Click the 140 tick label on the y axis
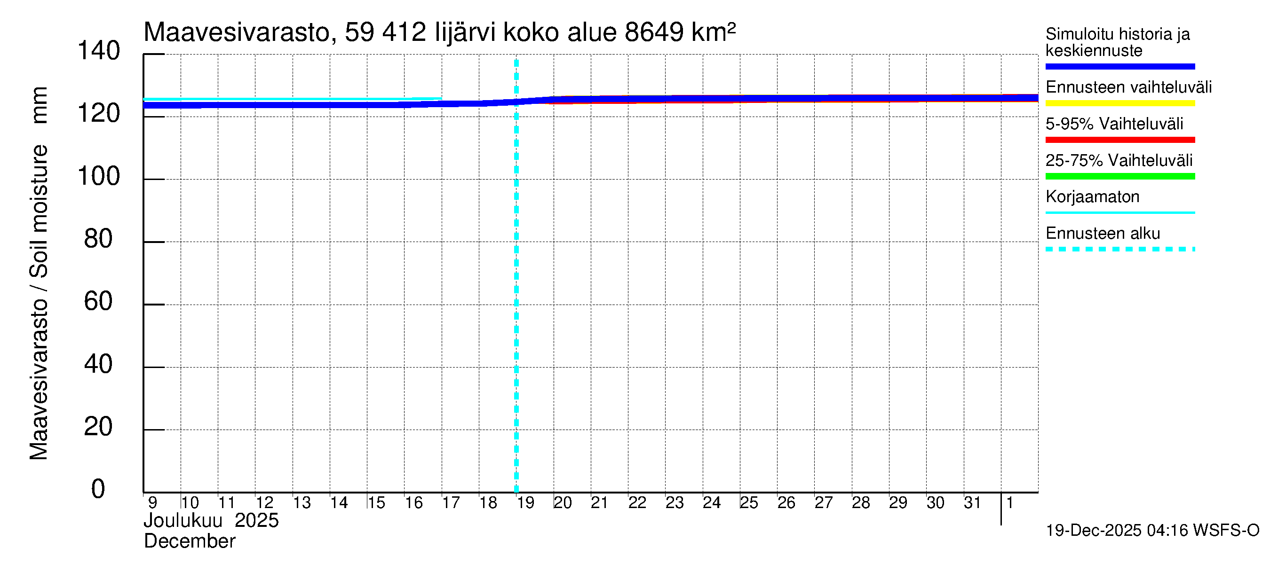(99, 51)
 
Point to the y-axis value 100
(99, 176)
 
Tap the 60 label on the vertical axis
(99, 301)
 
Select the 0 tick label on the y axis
(98, 489)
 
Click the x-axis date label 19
(525, 503)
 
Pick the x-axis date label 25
(748, 503)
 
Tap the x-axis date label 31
(972, 503)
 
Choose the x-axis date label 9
(152, 503)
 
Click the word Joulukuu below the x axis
(183, 521)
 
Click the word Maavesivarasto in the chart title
(237, 32)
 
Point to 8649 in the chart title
(654, 32)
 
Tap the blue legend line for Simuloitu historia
(1119, 66)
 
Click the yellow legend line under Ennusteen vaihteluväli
(1119, 103)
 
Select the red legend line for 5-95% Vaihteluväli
(1119, 140)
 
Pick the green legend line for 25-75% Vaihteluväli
(1119, 176)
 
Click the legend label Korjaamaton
(1092, 197)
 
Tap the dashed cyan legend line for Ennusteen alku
(1119, 249)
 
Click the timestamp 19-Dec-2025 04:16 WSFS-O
(1152, 531)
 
